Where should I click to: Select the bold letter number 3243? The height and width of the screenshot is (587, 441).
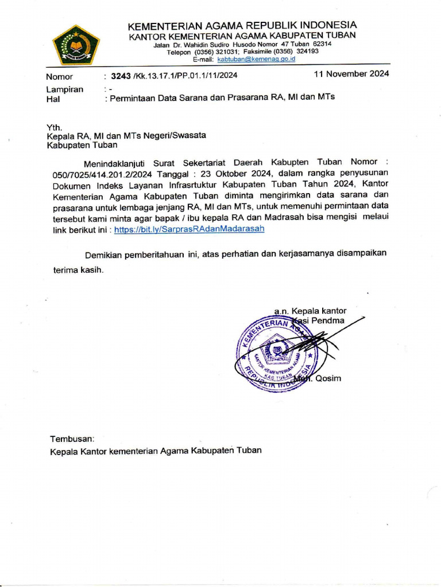(121, 75)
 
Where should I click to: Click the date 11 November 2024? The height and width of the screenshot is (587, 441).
(351, 73)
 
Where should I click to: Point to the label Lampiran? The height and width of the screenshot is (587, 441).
(64, 89)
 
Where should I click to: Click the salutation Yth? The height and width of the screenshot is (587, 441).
(54, 127)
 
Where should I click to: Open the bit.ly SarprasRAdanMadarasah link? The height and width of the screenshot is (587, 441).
(189, 228)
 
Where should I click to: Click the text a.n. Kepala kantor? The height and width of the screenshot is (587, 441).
(310, 311)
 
